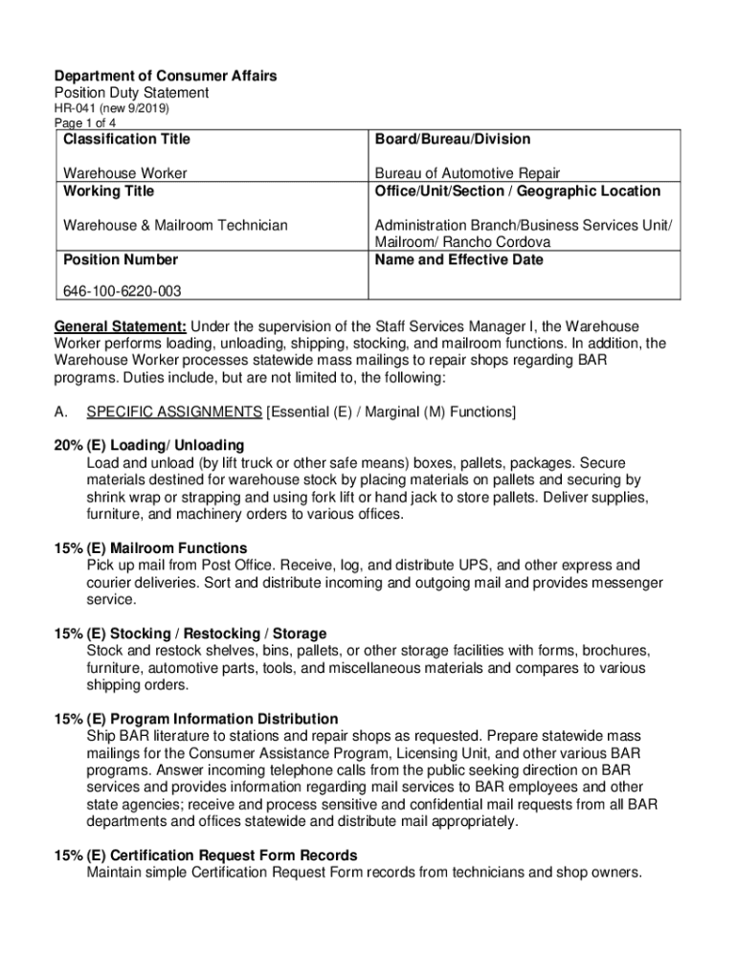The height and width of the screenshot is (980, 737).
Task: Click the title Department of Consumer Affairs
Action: click(165, 77)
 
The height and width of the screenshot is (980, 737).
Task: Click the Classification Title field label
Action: click(126, 140)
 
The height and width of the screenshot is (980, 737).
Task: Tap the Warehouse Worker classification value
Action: click(124, 173)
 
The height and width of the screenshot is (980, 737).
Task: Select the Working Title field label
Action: click(108, 190)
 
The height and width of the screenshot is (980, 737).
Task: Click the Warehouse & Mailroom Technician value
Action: click(175, 225)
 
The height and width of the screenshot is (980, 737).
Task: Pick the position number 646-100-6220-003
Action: click(123, 290)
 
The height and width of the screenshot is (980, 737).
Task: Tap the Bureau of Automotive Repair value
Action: click(467, 173)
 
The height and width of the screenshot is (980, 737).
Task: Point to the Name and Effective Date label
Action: click(458, 259)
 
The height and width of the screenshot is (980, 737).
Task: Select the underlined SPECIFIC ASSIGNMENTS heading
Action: click(174, 412)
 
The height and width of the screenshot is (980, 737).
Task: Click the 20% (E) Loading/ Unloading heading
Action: click(148, 445)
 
